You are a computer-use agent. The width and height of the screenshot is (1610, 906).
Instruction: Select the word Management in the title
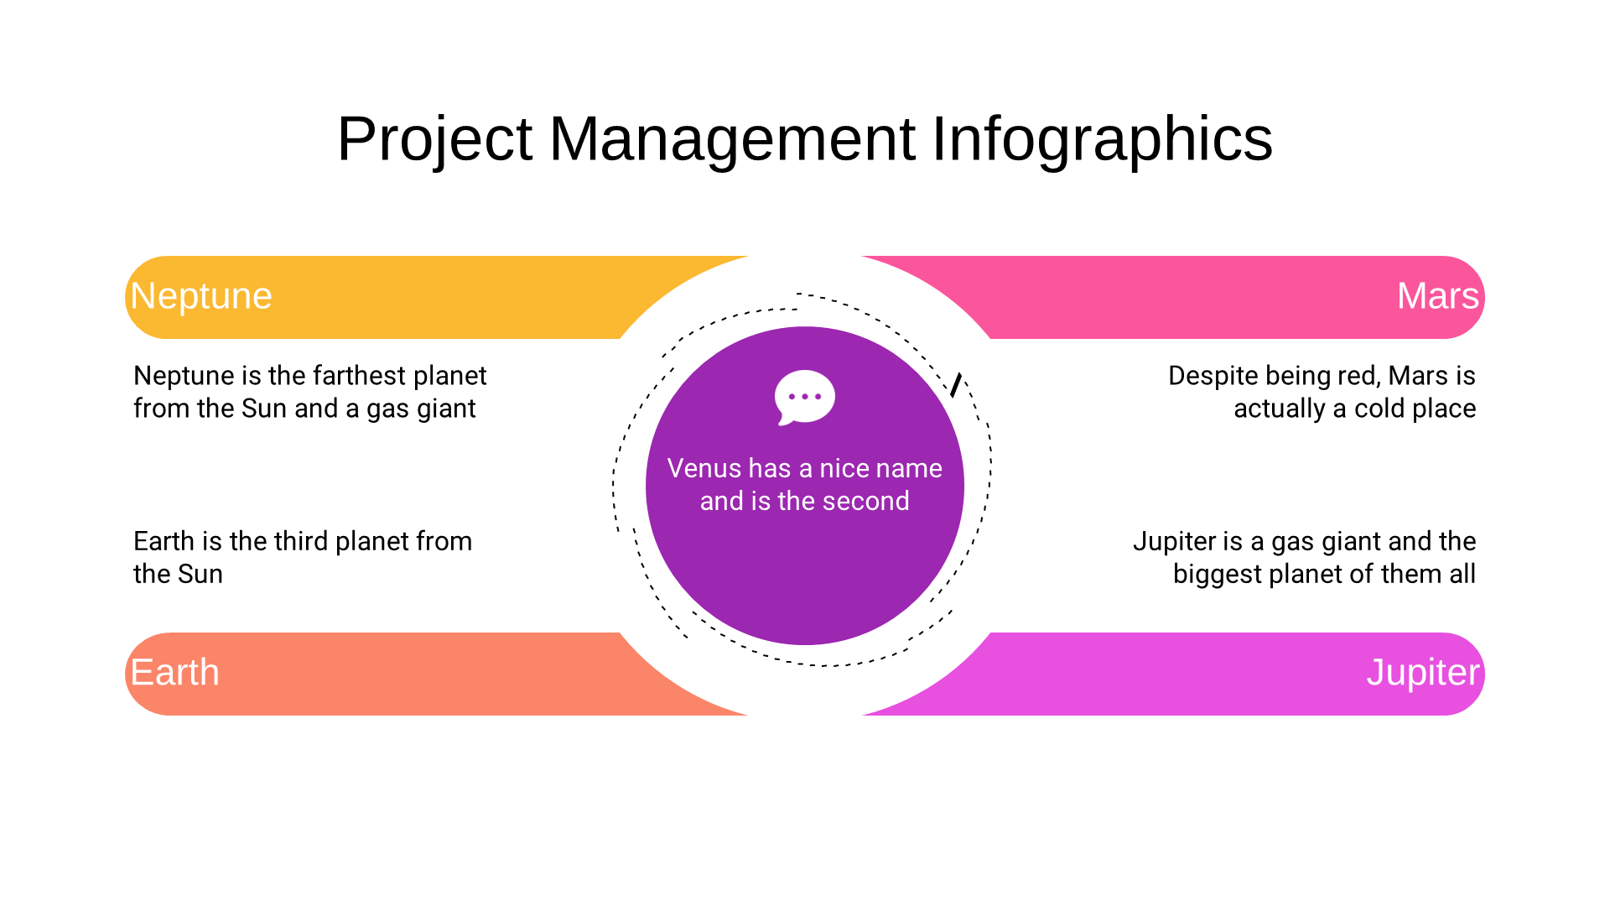click(732, 138)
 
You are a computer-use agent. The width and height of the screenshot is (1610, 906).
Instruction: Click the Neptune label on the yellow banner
click(201, 297)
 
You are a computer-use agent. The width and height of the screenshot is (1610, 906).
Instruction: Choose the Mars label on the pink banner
click(1438, 296)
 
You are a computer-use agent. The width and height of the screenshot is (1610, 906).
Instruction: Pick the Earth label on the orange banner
click(174, 673)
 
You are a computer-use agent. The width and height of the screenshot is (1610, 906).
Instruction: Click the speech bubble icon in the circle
click(804, 398)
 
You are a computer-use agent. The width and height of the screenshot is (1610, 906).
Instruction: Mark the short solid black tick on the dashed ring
click(956, 385)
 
